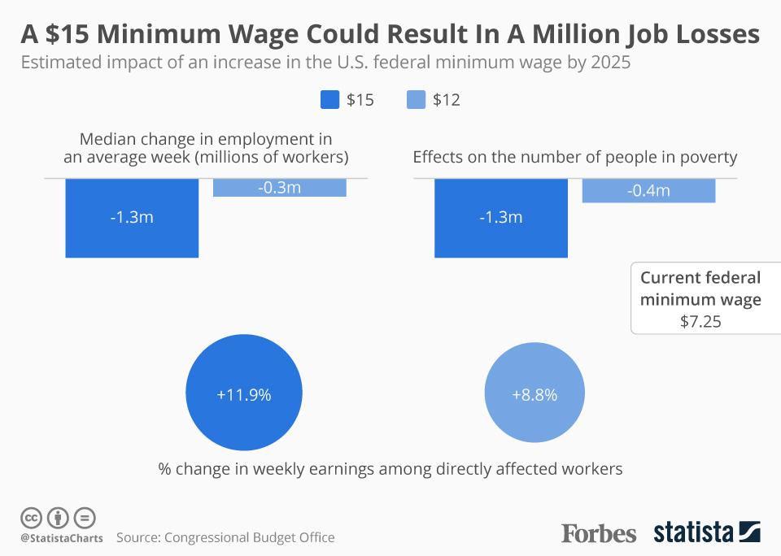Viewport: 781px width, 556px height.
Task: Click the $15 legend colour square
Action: coord(330,100)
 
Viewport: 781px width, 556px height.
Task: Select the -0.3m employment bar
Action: coord(279,188)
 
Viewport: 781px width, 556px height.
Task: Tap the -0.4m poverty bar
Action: coord(648,190)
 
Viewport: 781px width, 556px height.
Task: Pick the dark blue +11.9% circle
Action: coord(244,395)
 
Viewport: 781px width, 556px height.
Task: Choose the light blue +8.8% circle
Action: coord(534,395)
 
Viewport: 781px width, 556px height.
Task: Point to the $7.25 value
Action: coord(700,321)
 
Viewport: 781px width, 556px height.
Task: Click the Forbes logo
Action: coord(599,533)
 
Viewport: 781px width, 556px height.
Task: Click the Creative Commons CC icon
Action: coord(31,518)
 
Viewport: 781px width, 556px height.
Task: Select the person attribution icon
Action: coord(58,518)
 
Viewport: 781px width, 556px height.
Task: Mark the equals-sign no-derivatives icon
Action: coord(85,518)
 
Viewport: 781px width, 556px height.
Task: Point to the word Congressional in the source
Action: coord(206,537)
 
